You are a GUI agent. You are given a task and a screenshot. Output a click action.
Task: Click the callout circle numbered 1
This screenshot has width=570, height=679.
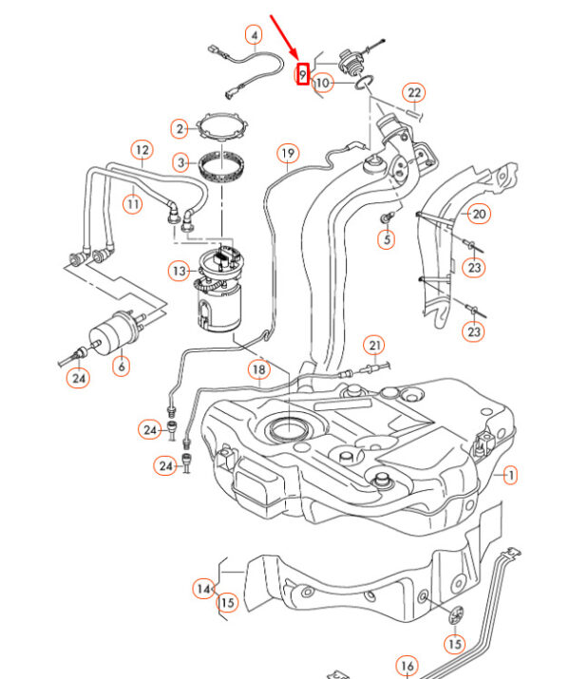point(510,474)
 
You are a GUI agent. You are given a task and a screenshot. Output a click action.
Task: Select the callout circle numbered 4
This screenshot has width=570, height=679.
point(254,36)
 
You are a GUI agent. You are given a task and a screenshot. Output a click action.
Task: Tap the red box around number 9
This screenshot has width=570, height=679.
point(303,73)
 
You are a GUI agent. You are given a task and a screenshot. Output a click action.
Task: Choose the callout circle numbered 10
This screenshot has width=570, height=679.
point(323,83)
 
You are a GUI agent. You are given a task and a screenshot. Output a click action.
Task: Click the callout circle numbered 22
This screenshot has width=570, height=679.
point(413,93)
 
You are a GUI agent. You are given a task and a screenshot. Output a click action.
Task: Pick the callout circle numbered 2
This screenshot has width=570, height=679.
point(180,128)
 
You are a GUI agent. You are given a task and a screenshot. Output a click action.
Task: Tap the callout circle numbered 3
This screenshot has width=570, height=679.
point(180,162)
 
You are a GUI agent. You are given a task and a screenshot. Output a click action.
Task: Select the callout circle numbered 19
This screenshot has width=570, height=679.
point(288,153)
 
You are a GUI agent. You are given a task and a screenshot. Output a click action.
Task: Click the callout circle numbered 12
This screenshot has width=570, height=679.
point(142,150)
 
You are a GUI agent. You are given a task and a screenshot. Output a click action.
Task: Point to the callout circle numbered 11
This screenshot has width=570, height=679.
point(132,202)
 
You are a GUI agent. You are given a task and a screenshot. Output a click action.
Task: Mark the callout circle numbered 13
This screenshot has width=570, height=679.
point(180,272)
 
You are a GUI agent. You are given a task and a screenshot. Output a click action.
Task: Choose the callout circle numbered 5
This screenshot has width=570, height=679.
point(385,239)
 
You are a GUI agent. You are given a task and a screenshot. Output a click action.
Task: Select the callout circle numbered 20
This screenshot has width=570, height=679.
point(479,215)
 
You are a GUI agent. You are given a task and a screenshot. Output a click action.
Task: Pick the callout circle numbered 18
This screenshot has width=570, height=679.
point(258,368)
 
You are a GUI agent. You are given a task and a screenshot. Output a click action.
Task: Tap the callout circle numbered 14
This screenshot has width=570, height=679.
point(203,590)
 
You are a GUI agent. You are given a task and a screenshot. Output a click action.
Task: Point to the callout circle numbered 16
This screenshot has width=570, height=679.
point(407,666)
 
